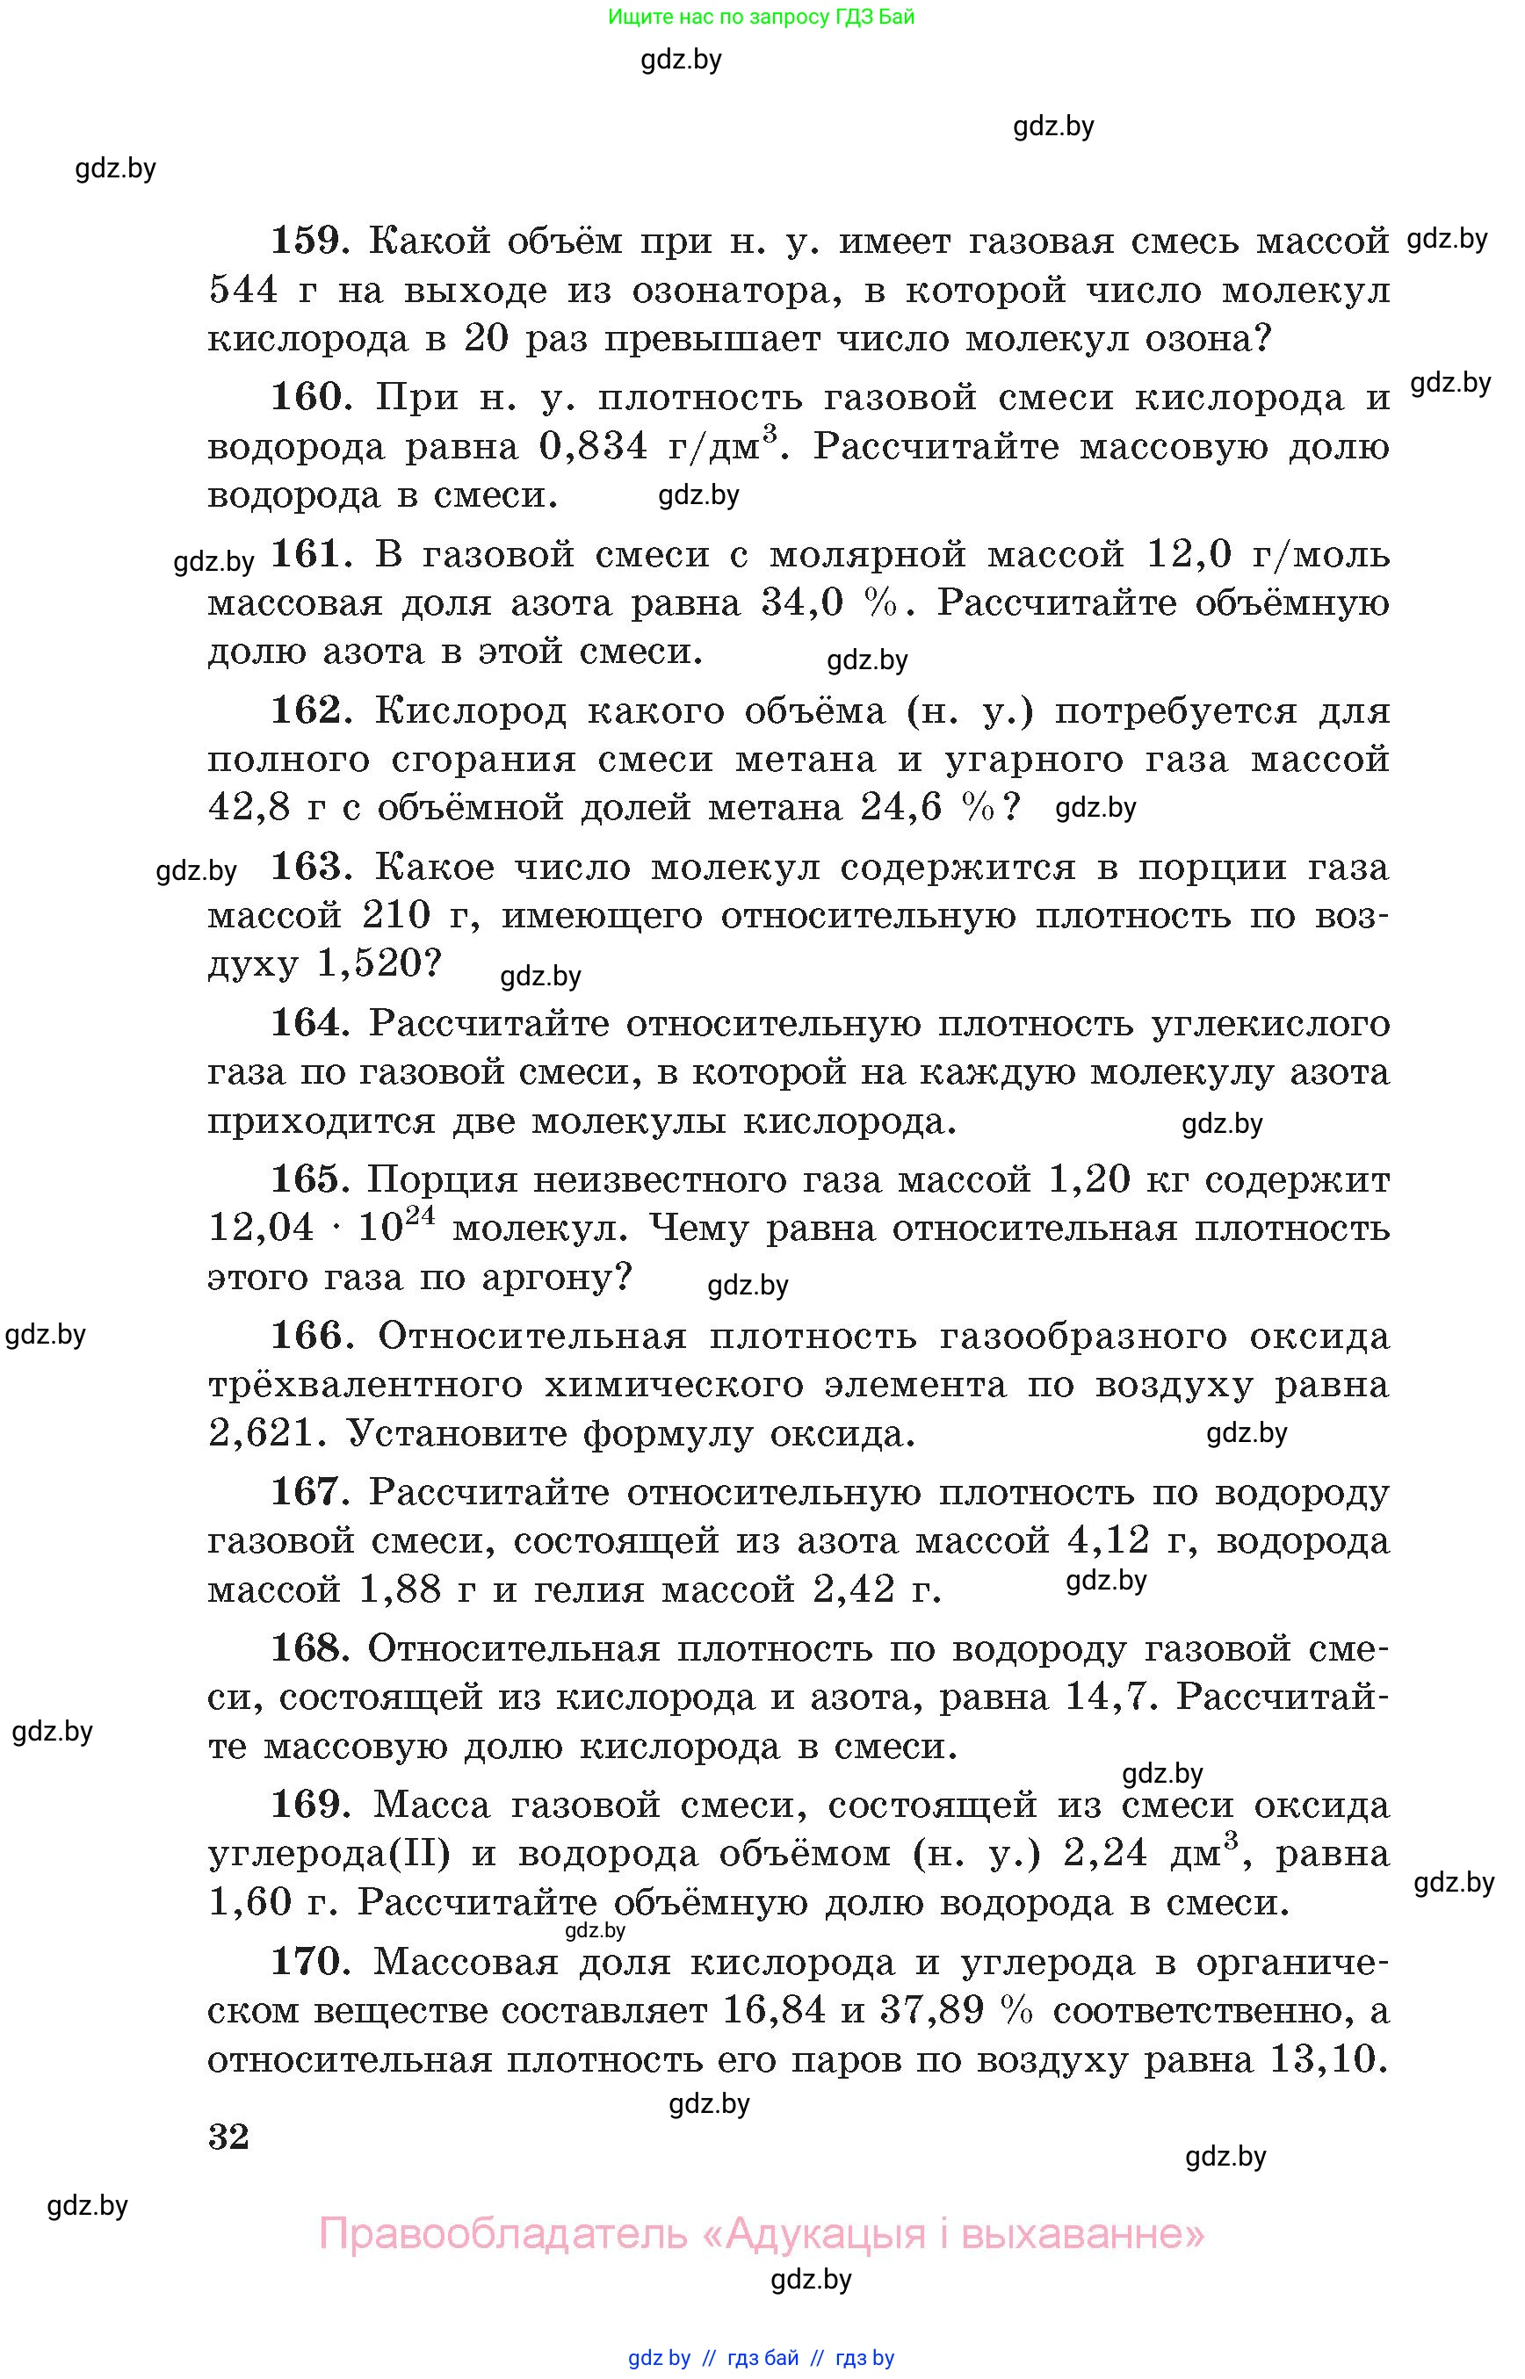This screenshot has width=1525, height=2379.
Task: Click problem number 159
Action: (306, 241)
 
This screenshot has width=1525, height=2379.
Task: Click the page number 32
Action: (228, 2137)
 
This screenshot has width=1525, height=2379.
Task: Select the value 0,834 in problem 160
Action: (593, 446)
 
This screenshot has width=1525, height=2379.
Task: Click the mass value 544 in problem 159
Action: (243, 290)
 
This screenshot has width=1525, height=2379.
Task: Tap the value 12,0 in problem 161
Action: (1189, 554)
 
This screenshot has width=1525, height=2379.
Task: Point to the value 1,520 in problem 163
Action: (368, 963)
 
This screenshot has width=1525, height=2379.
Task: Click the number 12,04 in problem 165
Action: (260, 1229)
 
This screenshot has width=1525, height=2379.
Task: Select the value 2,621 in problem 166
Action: (260, 1433)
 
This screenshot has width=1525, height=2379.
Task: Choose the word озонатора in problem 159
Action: (730, 290)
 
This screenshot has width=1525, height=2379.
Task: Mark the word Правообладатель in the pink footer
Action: (502, 2232)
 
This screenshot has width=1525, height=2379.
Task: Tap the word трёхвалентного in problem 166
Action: (365, 1385)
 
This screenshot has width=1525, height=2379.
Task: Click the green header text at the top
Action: (761, 17)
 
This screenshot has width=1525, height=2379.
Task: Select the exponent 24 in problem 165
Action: (420, 1215)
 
